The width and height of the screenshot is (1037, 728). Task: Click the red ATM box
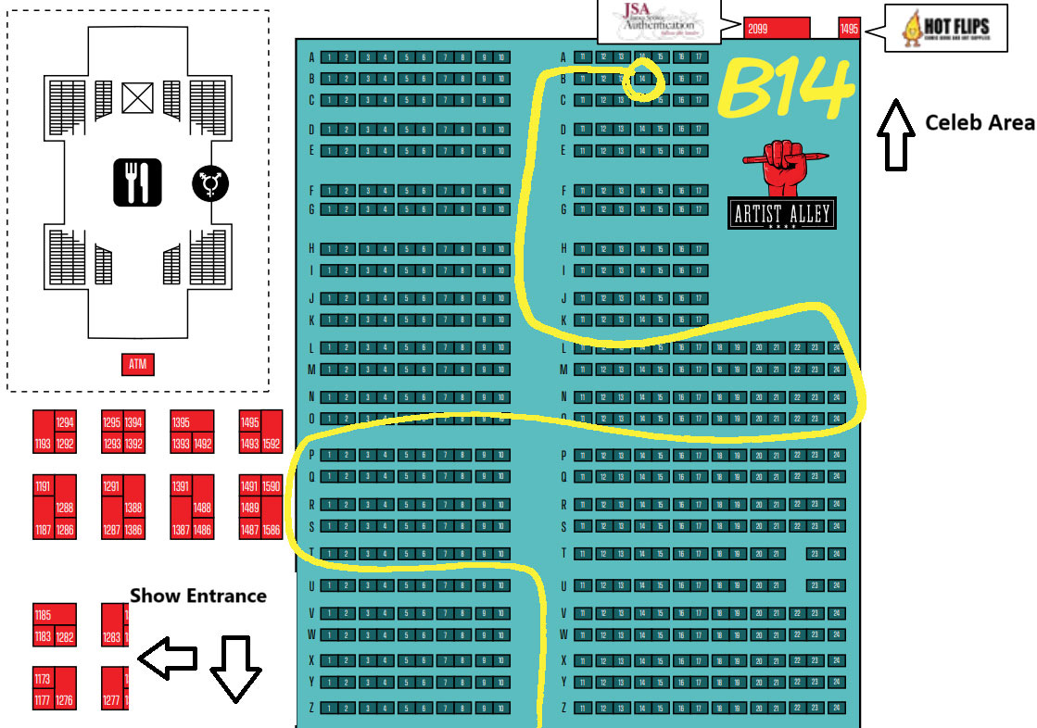[x=137, y=365]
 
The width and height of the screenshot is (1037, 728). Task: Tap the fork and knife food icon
[x=138, y=182]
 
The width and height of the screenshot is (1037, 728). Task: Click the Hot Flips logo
[x=945, y=28]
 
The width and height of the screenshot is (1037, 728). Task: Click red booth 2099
[x=777, y=29]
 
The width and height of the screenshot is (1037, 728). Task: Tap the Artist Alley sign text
[x=781, y=215]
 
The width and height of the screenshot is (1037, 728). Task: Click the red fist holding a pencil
[x=779, y=166]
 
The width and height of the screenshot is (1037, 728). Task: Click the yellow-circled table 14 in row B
[x=641, y=79]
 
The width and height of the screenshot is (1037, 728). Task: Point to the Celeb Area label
[x=980, y=123]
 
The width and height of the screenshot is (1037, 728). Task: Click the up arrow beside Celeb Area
[x=895, y=135]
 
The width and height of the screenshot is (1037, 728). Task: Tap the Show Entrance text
[x=197, y=596]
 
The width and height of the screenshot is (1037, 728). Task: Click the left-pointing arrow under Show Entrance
[x=168, y=658]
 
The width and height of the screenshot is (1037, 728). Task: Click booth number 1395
[x=182, y=422]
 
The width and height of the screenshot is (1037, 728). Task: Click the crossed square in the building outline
[x=137, y=96]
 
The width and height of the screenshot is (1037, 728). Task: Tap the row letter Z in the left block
[x=312, y=708]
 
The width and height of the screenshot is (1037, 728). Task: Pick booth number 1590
[x=272, y=486]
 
